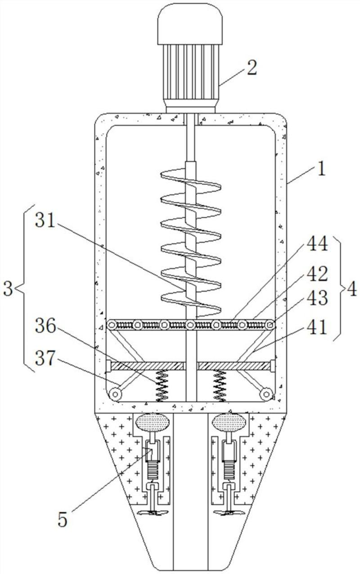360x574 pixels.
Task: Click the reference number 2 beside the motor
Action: tap(252, 67)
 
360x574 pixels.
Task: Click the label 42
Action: tap(318, 274)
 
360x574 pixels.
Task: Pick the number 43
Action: tap(318, 298)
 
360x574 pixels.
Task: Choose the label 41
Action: tap(317, 327)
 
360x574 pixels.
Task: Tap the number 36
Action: tap(45, 326)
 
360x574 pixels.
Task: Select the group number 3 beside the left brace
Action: tap(8, 290)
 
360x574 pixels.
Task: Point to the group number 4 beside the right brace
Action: tap(352, 290)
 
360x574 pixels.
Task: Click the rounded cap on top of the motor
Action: tap(190, 23)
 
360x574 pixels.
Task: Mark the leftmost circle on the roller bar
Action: tap(112, 325)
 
